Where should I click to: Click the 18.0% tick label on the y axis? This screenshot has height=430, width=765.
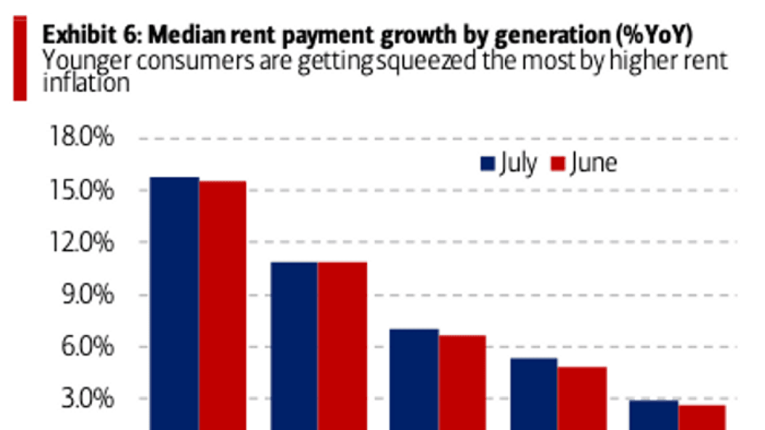pos(82,136)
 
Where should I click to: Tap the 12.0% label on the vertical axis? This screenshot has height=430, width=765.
pos(82,241)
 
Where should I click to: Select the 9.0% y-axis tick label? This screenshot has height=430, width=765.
pos(87,294)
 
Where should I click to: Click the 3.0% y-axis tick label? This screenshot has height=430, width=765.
pos(87,398)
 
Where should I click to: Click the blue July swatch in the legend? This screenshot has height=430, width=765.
pos(487,164)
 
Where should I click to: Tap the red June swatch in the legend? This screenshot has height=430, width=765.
pos(558,164)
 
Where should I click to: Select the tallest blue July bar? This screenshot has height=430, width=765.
pos(175,303)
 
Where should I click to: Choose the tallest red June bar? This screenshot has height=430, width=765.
pos(222,305)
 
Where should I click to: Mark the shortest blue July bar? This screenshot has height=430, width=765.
pos(653,415)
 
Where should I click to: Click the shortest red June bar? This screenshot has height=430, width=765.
pos(702,417)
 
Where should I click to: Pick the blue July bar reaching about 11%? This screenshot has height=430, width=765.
pos(294,346)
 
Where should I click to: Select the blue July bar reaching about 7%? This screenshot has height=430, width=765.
pos(414,380)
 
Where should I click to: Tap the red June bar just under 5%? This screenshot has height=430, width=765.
pos(582,398)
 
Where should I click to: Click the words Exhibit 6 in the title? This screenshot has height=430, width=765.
pos(91,35)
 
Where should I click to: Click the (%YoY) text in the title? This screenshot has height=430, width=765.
pos(655,35)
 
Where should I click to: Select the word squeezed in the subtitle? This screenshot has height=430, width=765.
pos(426,61)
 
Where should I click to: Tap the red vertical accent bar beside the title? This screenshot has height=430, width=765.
pos(20,59)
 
